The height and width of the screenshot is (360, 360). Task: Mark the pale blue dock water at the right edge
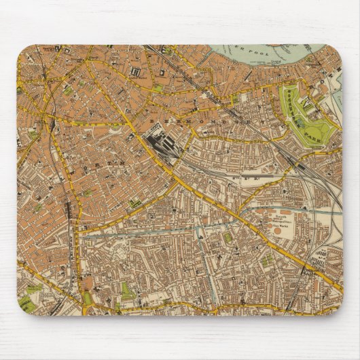point(337,102)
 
